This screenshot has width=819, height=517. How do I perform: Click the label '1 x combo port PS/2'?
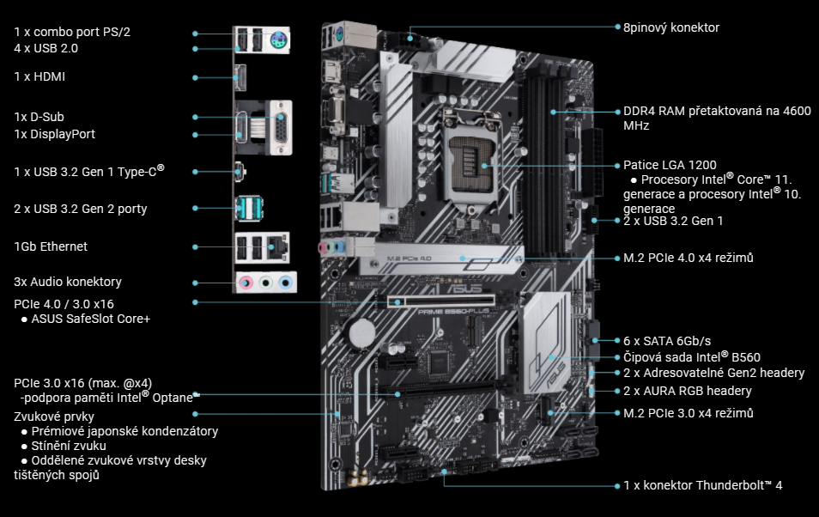72,32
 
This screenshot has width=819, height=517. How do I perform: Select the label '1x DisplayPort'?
54,134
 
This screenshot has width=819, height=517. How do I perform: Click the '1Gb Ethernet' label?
51,246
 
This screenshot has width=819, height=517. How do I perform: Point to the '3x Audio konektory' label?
68,282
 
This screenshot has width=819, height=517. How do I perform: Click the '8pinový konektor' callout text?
670,27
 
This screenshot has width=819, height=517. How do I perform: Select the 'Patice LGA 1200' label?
670,165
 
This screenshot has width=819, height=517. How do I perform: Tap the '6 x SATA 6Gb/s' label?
666,341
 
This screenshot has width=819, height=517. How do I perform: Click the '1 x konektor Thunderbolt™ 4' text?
702,485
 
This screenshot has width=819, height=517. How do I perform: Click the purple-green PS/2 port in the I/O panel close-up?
276,41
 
